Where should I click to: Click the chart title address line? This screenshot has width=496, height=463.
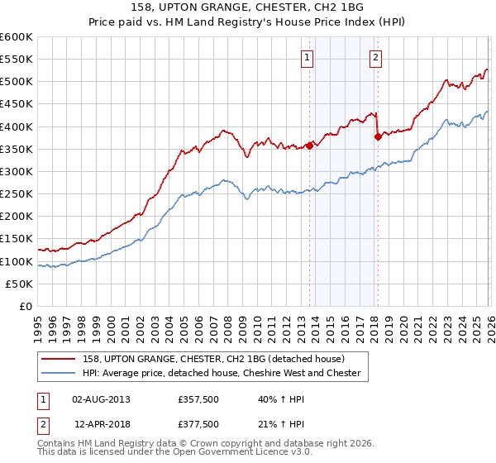[x=248, y=7]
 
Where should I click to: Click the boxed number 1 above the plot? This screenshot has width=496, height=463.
[x=307, y=58]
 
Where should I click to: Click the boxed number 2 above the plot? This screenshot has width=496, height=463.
[x=375, y=58]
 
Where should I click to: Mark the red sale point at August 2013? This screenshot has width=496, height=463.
[x=309, y=146]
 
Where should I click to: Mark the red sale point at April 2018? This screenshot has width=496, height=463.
[x=378, y=137]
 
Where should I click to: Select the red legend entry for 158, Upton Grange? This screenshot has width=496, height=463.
[x=219, y=359]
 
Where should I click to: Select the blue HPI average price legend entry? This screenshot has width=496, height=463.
[x=219, y=373]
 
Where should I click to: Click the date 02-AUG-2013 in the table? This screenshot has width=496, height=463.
[x=101, y=399]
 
